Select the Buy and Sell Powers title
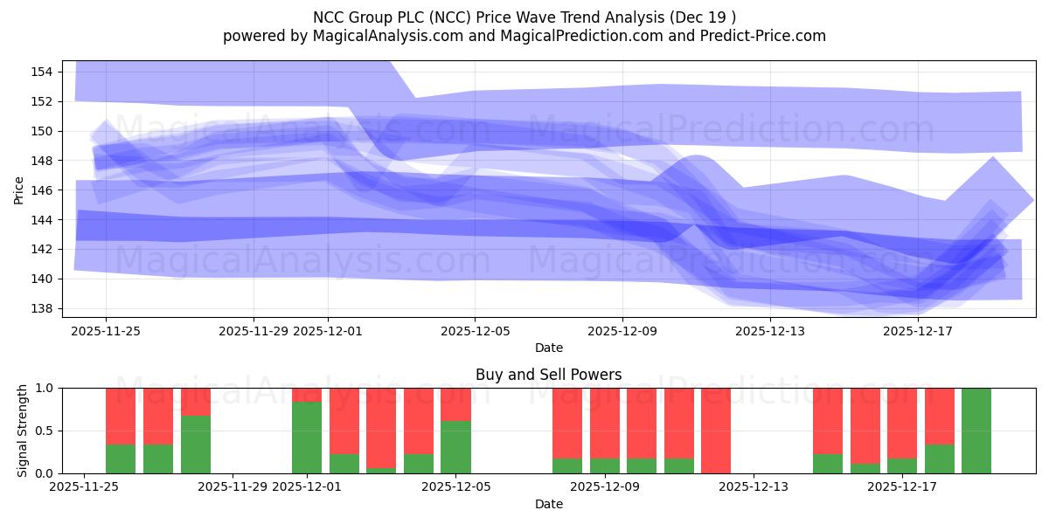[x=548, y=375]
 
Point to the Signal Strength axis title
[x=23, y=431]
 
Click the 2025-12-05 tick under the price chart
[x=475, y=331]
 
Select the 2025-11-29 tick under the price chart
[x=254, y=331]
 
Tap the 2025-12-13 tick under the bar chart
[x=754, y=487]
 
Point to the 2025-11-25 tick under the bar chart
[x=84, y=487]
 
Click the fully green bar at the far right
[x=976, y=431]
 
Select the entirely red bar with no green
[x=716, y=431]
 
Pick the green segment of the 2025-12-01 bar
[x=307, y=437]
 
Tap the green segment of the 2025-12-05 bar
[x=455, y=447]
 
